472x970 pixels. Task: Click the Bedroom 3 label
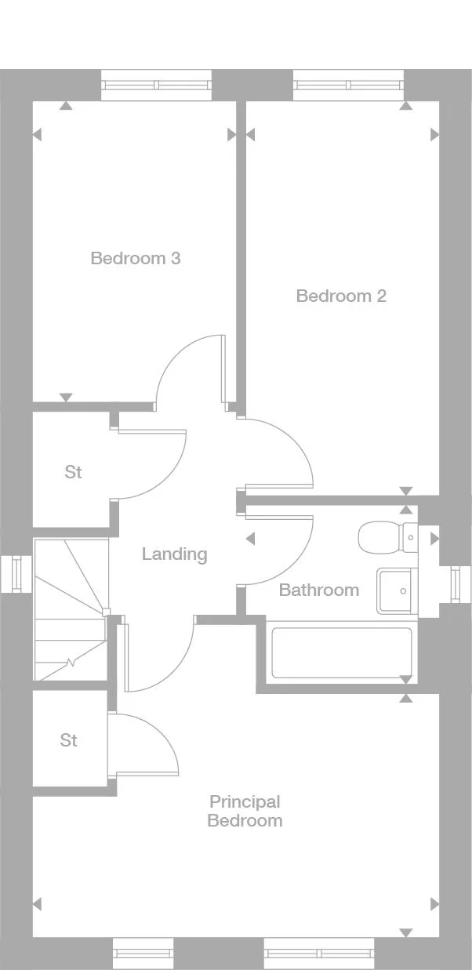136,258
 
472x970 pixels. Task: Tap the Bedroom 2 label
341,296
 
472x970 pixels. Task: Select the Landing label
174,554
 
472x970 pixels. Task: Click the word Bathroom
319,590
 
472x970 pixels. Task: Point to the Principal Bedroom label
245,811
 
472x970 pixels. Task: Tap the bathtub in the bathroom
341,652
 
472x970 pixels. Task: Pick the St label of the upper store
73,472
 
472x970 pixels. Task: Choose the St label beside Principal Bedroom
69,740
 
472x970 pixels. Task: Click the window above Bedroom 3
156,85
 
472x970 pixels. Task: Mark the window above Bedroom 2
348,85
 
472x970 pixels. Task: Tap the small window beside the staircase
16,573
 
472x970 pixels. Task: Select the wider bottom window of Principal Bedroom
320,953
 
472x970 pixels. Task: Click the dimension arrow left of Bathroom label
250,539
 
